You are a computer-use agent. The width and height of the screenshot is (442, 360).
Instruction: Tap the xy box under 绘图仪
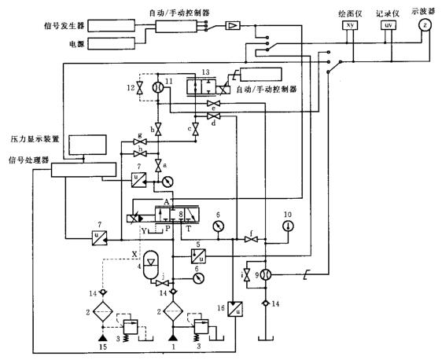pos(351,25)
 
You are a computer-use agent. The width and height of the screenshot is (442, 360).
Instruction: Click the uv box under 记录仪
pos(388,25)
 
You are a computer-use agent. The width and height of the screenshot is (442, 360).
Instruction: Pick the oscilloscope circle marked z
pos(425,25)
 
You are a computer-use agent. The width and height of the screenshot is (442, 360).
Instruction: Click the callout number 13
pos(207,72)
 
